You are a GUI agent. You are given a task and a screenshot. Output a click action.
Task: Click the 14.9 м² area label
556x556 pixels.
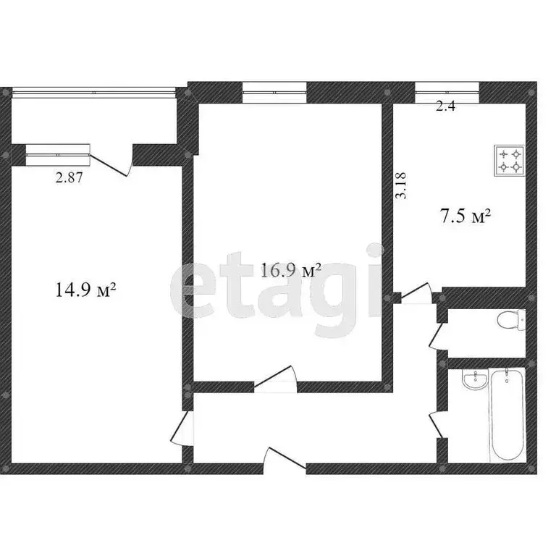click(85, 291)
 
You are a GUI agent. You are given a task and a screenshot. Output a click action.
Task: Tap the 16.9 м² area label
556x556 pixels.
click(290, 271)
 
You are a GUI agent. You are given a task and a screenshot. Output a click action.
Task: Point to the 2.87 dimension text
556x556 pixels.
click(70, 176)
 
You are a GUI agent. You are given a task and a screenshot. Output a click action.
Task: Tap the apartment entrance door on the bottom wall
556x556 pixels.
click(282, 459)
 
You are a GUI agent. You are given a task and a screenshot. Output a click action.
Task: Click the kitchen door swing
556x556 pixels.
click(416, 292)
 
